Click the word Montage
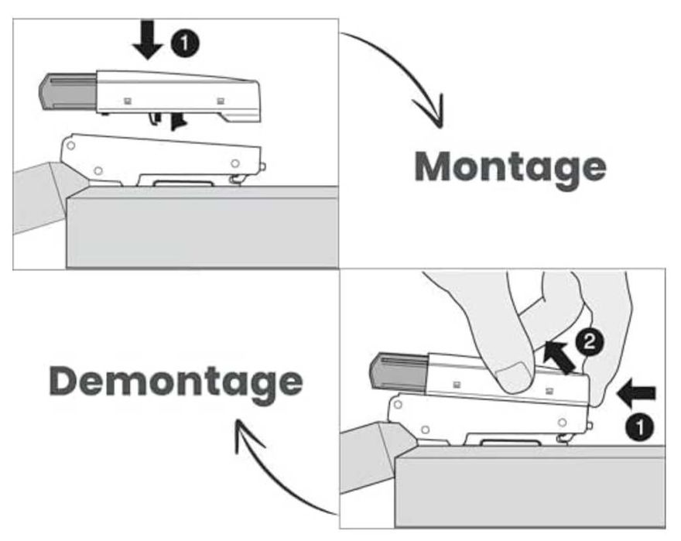click(509, 166)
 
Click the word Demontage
click(176, 381)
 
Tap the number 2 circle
click(588, 344)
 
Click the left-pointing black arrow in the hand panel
click(635, 393)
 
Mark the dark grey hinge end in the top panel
click(67, 91)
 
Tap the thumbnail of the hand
click(514, 380)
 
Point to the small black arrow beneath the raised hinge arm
click(180, 122)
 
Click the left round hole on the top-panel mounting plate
click(98, 170)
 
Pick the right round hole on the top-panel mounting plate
click(235, 163)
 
